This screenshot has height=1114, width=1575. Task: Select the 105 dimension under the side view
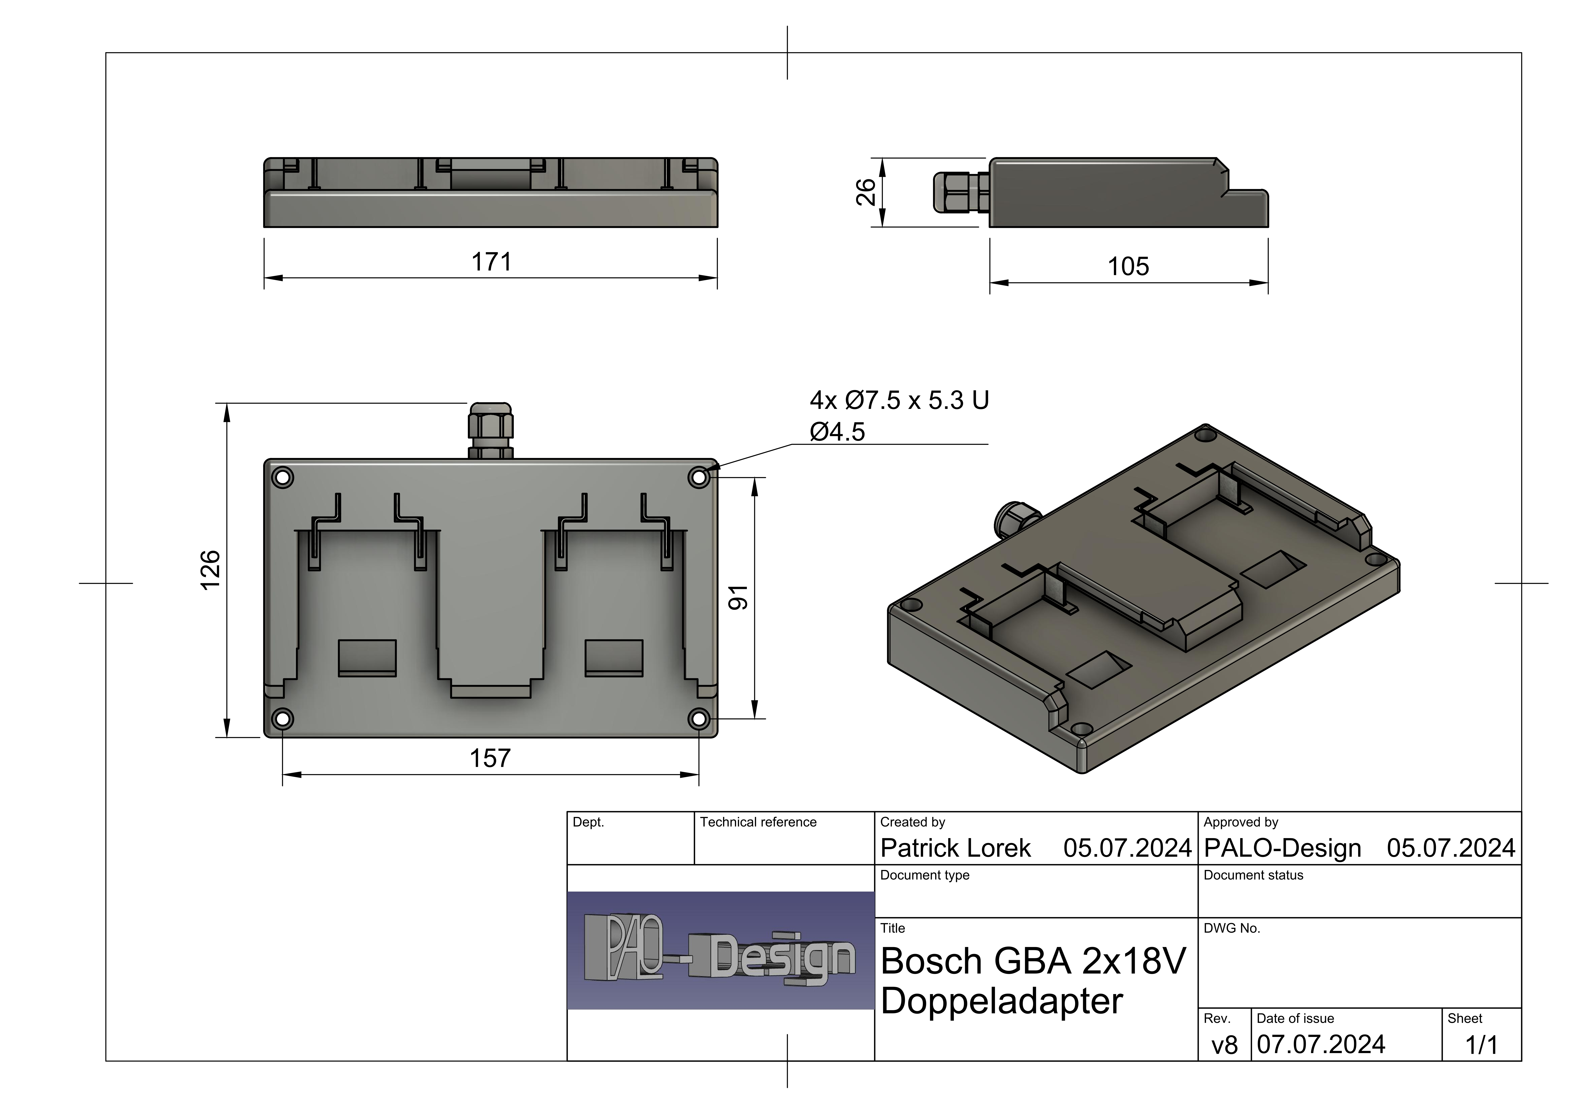pos(1128,266)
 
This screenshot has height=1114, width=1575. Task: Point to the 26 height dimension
pos(866,192)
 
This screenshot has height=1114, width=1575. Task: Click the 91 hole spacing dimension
pos(738,598)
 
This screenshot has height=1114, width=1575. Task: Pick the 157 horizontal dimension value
pos(490,759)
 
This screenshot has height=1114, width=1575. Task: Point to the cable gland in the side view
pos(961,192)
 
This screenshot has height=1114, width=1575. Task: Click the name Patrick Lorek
pos(956,848)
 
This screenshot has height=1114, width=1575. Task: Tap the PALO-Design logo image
pos(720,951)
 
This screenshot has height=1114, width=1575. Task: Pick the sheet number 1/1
pos(1482,1045)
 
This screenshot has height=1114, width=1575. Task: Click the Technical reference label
pos(758,822)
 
